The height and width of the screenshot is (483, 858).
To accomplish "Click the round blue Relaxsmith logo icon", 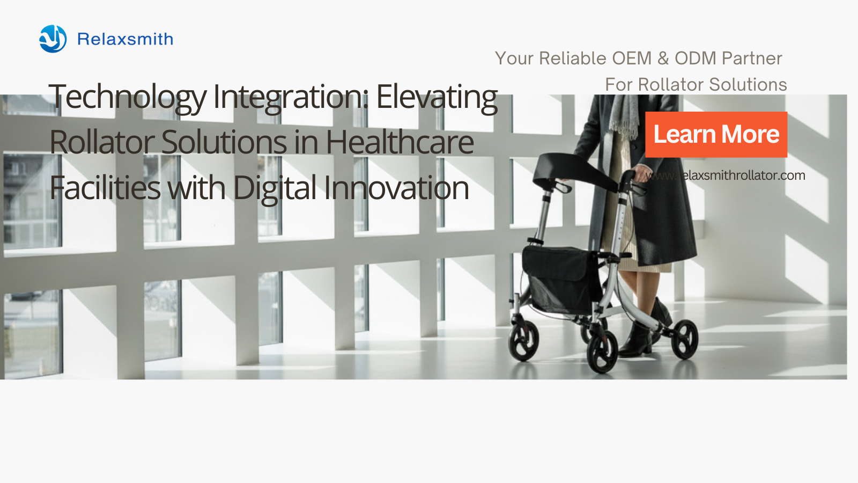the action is click(x=53, y=39).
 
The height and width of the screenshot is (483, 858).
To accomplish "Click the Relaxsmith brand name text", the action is click(x=125, y=39).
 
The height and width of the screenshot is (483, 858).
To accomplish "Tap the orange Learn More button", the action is click(x=716, y=135).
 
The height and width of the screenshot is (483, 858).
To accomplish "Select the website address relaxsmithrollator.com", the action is click(x=725, y=175).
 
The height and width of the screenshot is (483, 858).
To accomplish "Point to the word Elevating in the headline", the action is click(x=437, y=98).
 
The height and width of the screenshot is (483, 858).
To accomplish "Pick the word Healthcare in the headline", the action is click(x=400, y=142).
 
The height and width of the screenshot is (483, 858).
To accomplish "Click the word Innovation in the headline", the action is click(x=396, y=188).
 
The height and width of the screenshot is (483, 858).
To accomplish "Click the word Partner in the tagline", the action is click(x=752, y=58).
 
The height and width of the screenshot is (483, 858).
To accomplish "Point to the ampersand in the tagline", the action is click(x=663, y=58).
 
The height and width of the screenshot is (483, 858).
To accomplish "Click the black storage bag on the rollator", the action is click(x=561, y=279).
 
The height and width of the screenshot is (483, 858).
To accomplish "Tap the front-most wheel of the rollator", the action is click(x=602, y=351).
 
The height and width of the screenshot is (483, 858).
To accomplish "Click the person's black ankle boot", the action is click(x=637, y=339).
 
